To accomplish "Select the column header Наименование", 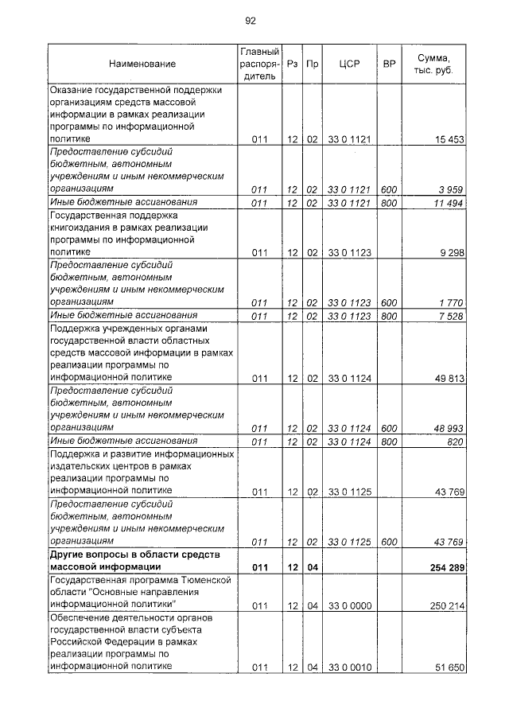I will (142, 64).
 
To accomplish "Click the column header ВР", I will (389, 64).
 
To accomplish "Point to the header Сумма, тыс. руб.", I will (434, 64).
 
